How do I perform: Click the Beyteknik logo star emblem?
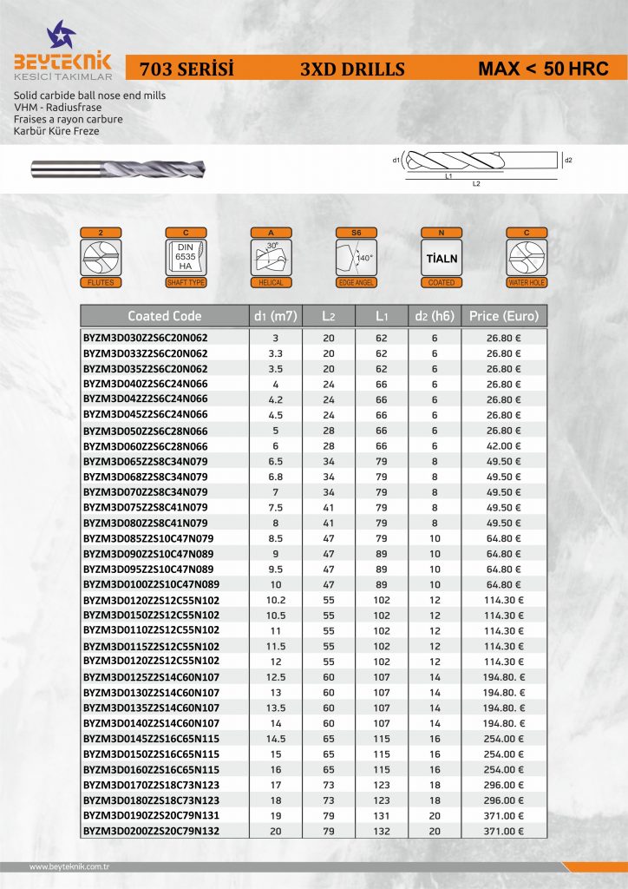point(62,35)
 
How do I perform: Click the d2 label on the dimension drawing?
point(569,161)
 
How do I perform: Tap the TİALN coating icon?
point(442,259)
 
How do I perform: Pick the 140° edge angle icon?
point(356,258)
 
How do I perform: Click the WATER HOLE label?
point(527,283)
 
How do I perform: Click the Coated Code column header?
point(165,316)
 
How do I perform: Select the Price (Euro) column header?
point(504,316)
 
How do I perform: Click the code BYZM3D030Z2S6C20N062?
point(146,337)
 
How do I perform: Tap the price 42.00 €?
point(504,445)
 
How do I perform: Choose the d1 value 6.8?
point(276,477)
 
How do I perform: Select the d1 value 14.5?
point(276,739)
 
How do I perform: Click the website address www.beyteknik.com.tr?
point(75,866)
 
